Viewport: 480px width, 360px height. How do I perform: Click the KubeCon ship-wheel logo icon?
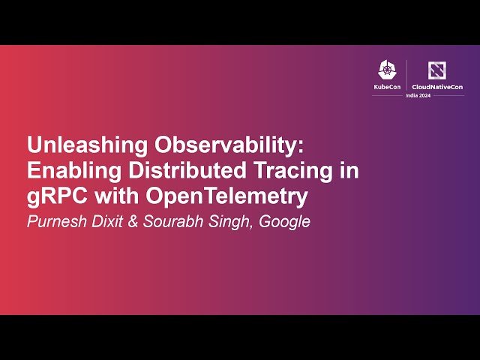click(x=386, y=70)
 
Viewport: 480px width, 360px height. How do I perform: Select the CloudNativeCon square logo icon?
click(x=436, y=70)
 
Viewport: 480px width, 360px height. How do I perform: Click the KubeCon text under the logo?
click(x=387, y=87)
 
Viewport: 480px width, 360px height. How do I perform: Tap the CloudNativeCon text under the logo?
click(x=437, y=87)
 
